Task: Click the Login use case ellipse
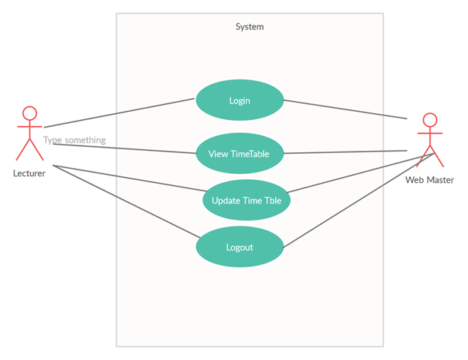click(239, 100)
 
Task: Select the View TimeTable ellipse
click(239, 154)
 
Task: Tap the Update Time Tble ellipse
click(246, 200)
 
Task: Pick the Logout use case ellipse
click(239, 247)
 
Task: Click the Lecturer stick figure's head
click(29, 114)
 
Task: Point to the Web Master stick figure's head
click(429, 120)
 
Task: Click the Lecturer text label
click(29, 173)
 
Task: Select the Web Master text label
click(429, 180)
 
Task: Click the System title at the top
click(249, 27)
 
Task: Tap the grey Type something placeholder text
click(74, 140)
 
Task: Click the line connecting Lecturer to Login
click(120, 112)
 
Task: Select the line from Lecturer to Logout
click(124, 201)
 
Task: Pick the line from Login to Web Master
click(345, 109)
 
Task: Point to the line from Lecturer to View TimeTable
click(124, 148)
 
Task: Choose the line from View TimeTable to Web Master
click(345, 152)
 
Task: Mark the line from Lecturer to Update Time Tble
click(127, 178)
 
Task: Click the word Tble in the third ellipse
click(272, 200)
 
